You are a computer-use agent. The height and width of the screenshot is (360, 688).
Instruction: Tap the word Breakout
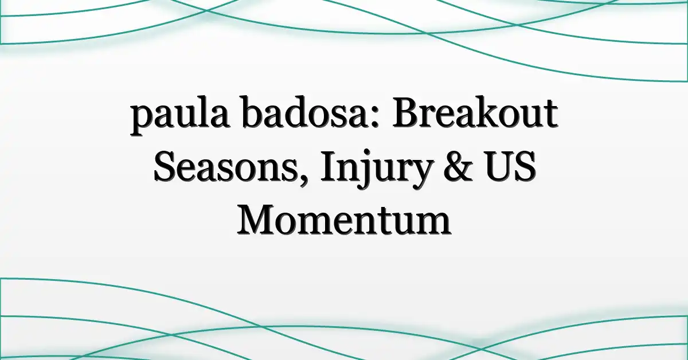pyautogui.click(x=475, y=112)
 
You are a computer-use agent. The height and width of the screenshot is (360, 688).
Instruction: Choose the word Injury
pyautogui.click(x=374, y=170)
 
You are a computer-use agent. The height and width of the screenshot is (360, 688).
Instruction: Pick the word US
pyautogui.click(x=511, y=166)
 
